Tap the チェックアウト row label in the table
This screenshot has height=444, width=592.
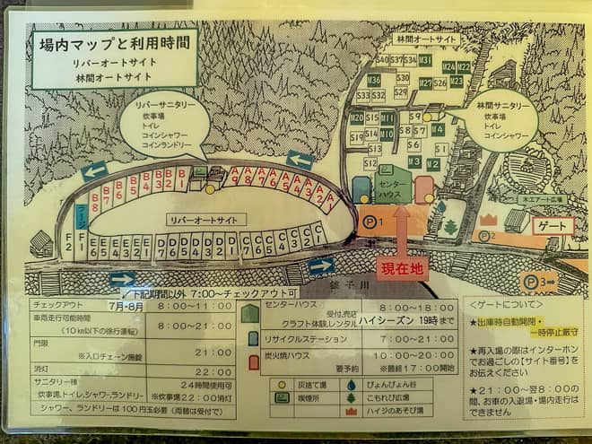coord(57,306)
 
